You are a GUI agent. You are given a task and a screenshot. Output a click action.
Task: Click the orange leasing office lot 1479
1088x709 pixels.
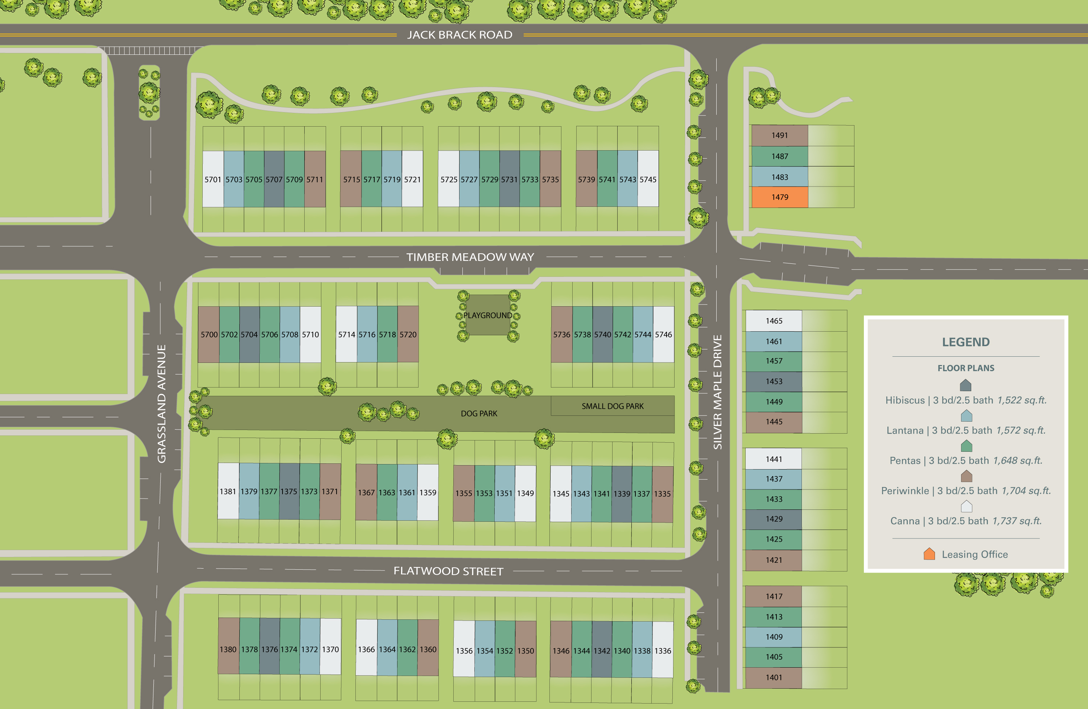(x=779, y=197)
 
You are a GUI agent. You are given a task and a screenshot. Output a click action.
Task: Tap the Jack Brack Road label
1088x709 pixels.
(x=459, y=35)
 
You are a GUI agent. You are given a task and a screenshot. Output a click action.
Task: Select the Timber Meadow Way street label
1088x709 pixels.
(x=470, y=257)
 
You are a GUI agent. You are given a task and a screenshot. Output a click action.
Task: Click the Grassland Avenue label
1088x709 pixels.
(x=161, y=403)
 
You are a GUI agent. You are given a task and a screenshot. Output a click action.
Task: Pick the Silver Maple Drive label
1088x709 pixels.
(x=717, y=392)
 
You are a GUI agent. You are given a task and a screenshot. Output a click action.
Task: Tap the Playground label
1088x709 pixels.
(x=487, y=315)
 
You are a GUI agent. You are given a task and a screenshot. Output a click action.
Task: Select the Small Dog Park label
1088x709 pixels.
(x=612, y=406)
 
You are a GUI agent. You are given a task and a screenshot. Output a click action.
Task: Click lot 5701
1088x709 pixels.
(x=213, y=179)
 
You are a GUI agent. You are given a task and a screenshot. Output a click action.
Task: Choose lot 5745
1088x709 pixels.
(x=648, y=179)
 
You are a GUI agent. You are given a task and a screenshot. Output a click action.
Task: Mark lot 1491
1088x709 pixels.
(x=779, y=135)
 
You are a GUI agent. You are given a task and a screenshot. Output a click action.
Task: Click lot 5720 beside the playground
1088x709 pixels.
(x=408, y=335)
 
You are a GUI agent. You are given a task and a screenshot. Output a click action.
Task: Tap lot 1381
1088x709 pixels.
(x=228, y=491)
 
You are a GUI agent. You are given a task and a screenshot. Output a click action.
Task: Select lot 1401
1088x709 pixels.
(x=774, y=677)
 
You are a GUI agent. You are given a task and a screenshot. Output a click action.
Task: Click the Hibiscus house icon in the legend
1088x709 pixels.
(x=965, y=385)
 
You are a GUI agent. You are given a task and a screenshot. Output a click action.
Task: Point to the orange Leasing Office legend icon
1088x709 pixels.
(x=929, y=554)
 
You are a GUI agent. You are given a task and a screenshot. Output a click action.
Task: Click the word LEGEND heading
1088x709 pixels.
(x=965, y=342)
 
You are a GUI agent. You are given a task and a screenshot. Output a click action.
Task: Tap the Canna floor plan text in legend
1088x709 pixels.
(x=965, y=521)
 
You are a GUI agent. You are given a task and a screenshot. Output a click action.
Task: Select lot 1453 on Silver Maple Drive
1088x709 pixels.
(x=774, y=381)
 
